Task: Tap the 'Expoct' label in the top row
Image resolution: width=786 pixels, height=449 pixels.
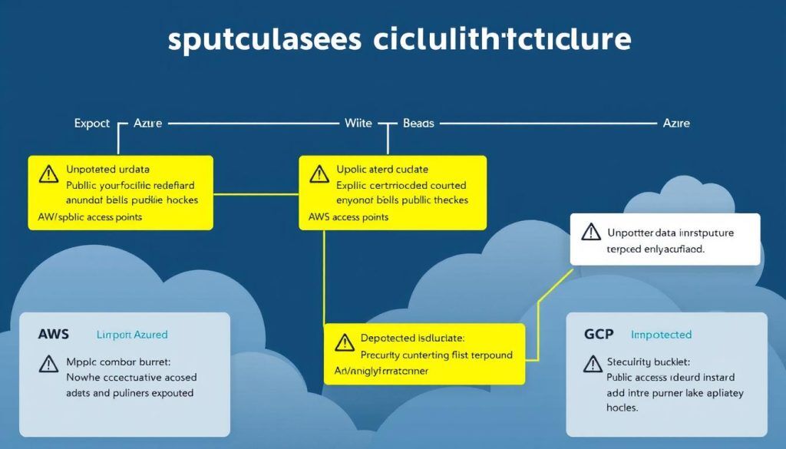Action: pyautogui.click(x=92, y=123)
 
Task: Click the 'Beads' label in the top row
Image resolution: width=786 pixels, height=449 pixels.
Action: pyautogui.click(x=418, y=123)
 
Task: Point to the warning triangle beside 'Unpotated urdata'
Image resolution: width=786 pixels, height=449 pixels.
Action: pyautogui.click(x=48, y=174)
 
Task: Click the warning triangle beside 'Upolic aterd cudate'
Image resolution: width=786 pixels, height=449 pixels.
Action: pyautogui.click(x=319, y=174)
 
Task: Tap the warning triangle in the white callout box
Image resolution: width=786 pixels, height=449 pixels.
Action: pyautogui.click(x=590, y=231)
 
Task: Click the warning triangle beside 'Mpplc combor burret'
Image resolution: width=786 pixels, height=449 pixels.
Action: pyautogui.click(x=48, y=363)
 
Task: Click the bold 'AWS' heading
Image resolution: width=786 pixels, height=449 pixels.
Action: pyautogui.click(x=53, y=335)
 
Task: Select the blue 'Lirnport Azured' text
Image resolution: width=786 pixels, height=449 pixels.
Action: pyautogui.click(x=132, y=335)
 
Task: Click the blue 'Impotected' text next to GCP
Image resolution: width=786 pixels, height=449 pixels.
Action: pyautogui.click(x=661, y=335)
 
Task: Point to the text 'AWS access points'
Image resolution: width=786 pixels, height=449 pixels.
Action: pyautogui.click(x=348, y=217)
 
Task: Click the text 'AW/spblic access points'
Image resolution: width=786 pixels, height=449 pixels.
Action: pyautogui.click(x=90, y=217)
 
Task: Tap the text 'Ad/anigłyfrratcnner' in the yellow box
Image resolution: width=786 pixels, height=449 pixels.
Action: pyautogui.click(x=381, y=371)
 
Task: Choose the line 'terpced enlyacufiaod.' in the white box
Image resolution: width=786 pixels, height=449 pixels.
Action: pyautogui.click(x=656, y=249)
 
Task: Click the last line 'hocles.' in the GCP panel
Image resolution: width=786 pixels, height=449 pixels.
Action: pyautogui.click(x=623, y=408)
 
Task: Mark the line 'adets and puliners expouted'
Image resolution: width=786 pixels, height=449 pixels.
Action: pyautogui.click(x=129, y=392)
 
